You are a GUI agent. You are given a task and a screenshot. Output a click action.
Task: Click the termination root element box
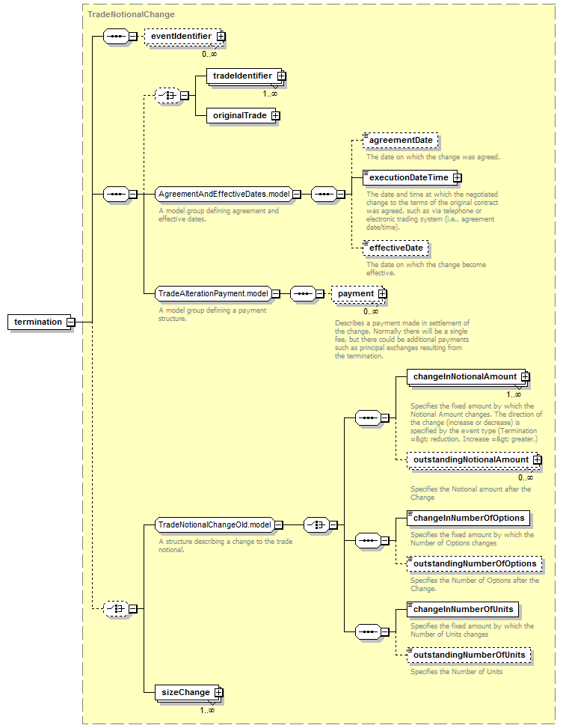click(x=38, y=322)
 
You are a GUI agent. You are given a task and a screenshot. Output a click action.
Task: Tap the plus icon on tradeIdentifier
click(x=281, y=76)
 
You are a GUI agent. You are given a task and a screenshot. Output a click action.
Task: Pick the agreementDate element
click(x=400, y=140)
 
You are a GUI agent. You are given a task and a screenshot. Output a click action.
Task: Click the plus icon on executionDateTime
click(x=457, y=178)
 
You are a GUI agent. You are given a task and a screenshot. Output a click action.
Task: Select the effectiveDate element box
click(x=396, y=248)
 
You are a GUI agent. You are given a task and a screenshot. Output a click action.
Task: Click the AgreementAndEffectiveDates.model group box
click(x=224, y=194)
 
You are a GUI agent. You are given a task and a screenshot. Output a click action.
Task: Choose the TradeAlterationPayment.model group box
click(x=214, y=293)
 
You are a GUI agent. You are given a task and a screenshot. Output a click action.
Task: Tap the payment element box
click(x=358, y=293)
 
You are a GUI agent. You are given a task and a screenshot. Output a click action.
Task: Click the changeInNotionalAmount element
click(x=468, y=376)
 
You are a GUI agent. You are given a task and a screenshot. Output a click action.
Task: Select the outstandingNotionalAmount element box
click(x=474, y=459)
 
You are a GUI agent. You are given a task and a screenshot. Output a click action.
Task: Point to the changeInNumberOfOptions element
click(x=468, y=519)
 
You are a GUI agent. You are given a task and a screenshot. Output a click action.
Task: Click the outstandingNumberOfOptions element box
click(x=474, y=563)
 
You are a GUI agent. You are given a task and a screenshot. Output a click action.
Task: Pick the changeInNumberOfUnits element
click(x=463, y=609)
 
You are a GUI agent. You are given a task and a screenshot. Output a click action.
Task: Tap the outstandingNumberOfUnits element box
click(x=469, y=655)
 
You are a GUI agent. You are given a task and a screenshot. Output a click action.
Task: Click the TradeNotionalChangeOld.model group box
click(x=215, y=524)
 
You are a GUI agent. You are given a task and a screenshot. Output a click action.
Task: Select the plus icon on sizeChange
click(x=218, y=693)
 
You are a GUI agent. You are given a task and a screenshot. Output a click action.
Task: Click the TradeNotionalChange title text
click(x=132, y=14)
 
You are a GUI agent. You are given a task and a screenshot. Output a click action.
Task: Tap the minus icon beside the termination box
click(x=71, y=322)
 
